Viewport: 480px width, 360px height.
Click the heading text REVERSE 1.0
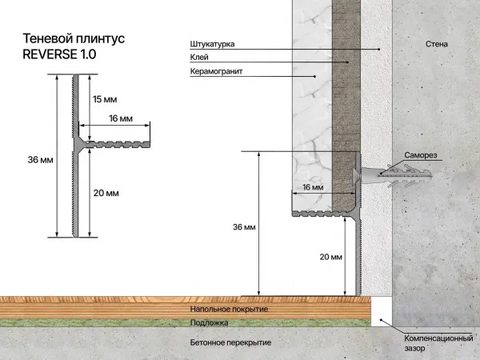[x=59, y=54]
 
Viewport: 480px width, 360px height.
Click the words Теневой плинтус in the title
[x=74, y=38]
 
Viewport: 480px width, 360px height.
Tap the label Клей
[x=199, y=57]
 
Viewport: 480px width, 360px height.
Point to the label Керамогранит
[x=216, y=71]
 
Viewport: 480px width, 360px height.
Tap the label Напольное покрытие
[x=229, y=309]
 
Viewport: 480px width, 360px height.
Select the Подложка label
[x=210, y=322]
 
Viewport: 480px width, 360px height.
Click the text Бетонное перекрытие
[x=230, y=342]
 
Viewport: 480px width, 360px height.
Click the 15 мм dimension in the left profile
[x=105, y=99]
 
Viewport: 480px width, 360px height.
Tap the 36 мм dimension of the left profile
[x=40, y=160]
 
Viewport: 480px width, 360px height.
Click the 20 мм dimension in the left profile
[x=106, y=193]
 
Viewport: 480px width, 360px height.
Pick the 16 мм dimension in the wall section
[x=313, y=187]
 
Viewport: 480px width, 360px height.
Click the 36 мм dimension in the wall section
[x=244, y=228]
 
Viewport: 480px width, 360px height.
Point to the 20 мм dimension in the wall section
[x=331, y=257]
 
